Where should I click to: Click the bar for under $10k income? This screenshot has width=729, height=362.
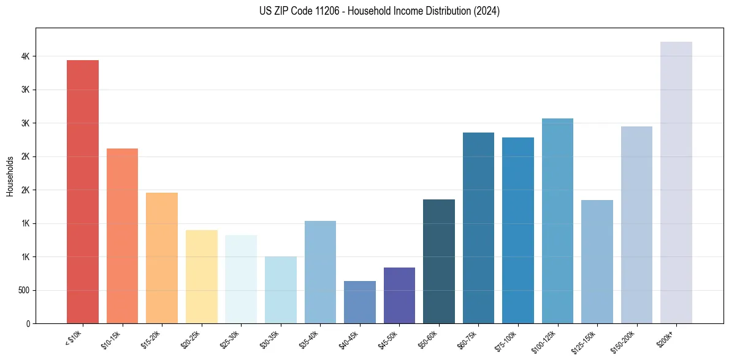(x=83, y=191)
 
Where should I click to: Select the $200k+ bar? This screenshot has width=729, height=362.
(x=676, y=182)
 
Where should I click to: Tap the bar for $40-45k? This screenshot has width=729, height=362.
(x=359, y=302)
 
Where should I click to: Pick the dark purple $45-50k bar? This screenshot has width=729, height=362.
(x=399, y=295)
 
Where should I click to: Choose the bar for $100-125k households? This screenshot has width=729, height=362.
(x=557, y=221)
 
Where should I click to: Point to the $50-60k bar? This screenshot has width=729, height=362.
(x=439, y=261)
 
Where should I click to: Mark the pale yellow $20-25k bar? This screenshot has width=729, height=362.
(x=202, y=277)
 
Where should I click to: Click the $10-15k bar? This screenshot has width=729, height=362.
(x=122, y=236)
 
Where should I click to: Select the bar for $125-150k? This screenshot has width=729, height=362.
(x=597, y=261)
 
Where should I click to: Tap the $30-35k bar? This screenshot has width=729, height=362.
(x=281, y=290)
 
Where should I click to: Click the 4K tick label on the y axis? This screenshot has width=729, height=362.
(x=25, y=56)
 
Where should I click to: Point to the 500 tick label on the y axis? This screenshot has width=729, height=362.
(x=23, y=290)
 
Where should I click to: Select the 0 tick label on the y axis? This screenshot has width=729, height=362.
(x=28, y=323)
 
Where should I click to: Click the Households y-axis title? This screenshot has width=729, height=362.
(x=10, y=176)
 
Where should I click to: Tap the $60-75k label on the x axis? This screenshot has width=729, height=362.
(x=468, y=341)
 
